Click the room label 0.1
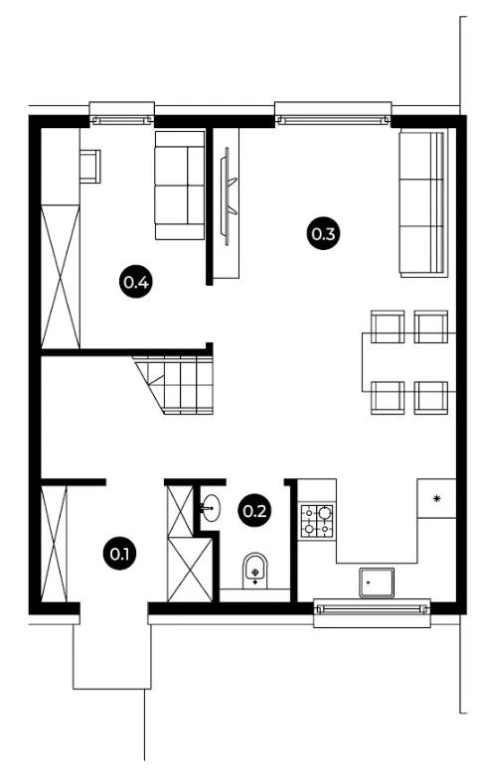(119, 554)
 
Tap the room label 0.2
(254, 510)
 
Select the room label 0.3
(323, 233)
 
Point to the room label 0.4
(136, 282)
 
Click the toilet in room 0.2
(255, 571)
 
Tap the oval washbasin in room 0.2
(211, 508)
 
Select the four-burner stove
(317, 521)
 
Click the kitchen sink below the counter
(377, 582)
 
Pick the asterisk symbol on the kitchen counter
(436, 498)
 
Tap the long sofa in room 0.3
(423, 202)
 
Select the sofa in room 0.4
(180, 186)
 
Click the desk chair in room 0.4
(90, 167)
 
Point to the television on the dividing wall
(229, 195)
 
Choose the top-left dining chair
(388, 326)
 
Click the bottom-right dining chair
(431, 397)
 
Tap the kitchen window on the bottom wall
(372, 613)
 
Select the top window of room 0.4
(121, 114)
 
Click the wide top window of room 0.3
(333, 114)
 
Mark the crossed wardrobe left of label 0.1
(54, 544)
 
